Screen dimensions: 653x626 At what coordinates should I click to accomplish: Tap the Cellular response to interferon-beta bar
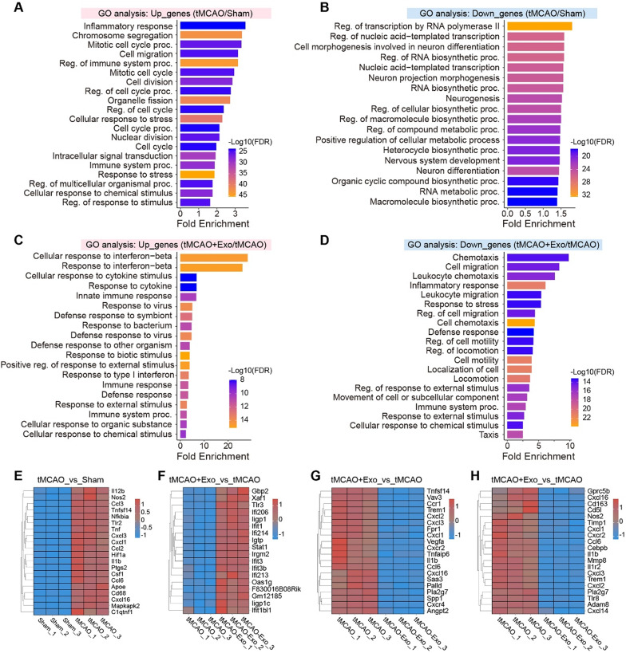(x=214, y=257)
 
